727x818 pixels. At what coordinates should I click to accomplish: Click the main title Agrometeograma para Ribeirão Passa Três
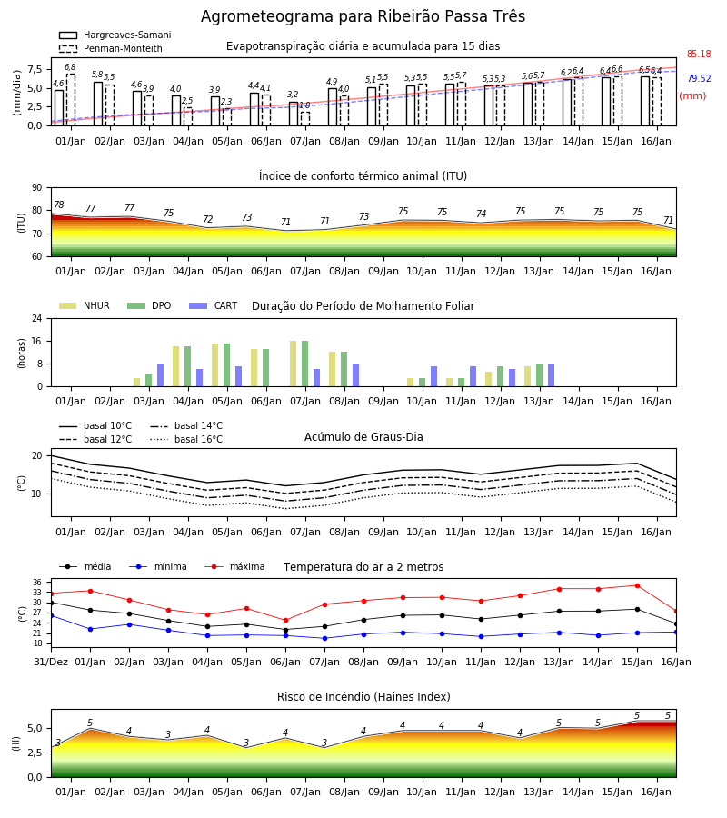click(x=363, y=16)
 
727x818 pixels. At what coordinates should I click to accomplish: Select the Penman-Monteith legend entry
click(x=111, y=48)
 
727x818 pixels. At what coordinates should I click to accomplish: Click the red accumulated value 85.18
click(x=699, y=54)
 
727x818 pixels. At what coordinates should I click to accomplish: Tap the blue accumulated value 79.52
click(x=699, y=78)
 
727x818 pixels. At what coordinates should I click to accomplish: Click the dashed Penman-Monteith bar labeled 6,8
click(x=70, y=100)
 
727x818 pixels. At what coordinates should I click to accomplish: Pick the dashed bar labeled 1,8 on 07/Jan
click(x=305, y=119)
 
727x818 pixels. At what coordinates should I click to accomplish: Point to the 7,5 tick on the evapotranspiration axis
click(x=35, y=69)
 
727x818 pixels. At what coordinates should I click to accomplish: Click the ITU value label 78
click(x=59, y=205)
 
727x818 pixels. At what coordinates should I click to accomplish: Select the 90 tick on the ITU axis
click(x=37, y=188)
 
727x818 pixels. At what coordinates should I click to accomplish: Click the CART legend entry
click(x=214, y=305)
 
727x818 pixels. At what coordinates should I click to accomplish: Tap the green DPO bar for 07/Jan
click(x=305, y=364)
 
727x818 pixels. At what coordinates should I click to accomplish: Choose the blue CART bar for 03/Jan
click(x=160, y=375)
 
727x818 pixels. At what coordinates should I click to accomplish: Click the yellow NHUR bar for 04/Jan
click(x=175, y=366)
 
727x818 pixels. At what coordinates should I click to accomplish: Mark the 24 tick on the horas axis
click(x=37, y=318)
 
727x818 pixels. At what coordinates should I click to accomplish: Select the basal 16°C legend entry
click(x=186, y=439)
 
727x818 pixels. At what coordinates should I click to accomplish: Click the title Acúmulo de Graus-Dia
click(x=363, y=437)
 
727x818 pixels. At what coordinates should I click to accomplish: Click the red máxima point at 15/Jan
click(x=637, y=586)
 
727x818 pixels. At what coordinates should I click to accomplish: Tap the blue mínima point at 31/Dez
click(x=52, y=616)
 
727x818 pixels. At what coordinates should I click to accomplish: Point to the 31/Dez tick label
click(x=51, y=662)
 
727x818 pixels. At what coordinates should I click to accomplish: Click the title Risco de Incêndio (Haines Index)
click(x=363, y=697)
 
